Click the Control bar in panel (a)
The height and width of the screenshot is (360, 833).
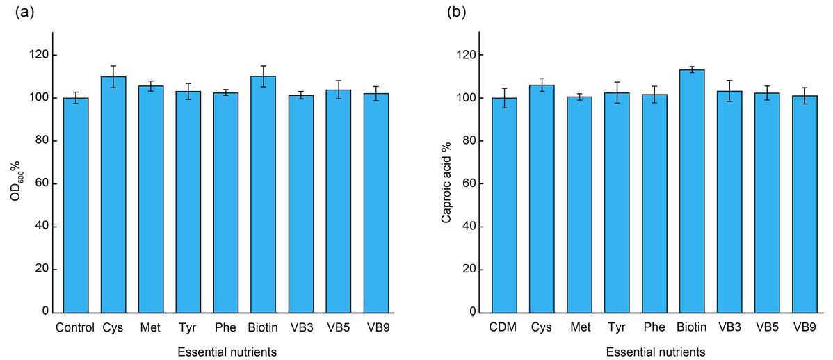[x=76, y=205]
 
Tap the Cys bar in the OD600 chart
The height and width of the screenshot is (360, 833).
[x=113, y=195]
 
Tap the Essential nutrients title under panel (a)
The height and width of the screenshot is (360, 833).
[x=226, y=352]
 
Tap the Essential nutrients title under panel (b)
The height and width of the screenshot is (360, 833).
[x=655, y=352]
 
